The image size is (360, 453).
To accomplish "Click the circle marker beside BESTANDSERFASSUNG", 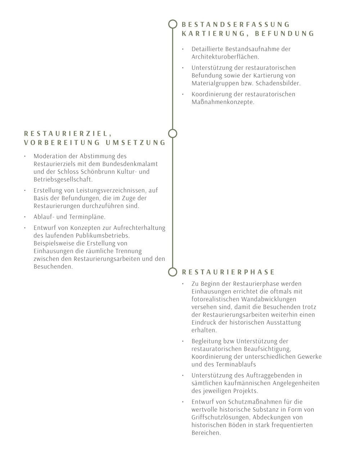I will [x=173, y=24].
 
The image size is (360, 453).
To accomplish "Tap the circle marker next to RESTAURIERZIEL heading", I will [x=173, y=133].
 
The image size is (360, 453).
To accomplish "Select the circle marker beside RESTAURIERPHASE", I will [x=173, y=272].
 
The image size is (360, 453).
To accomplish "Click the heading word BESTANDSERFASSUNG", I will [x=236, y=24].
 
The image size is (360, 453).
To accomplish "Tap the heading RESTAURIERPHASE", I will [x=229, y=272].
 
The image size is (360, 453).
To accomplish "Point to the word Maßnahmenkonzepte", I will [x=223, y=102].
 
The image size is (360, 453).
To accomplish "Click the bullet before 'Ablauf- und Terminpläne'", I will [x=25, y=217].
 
